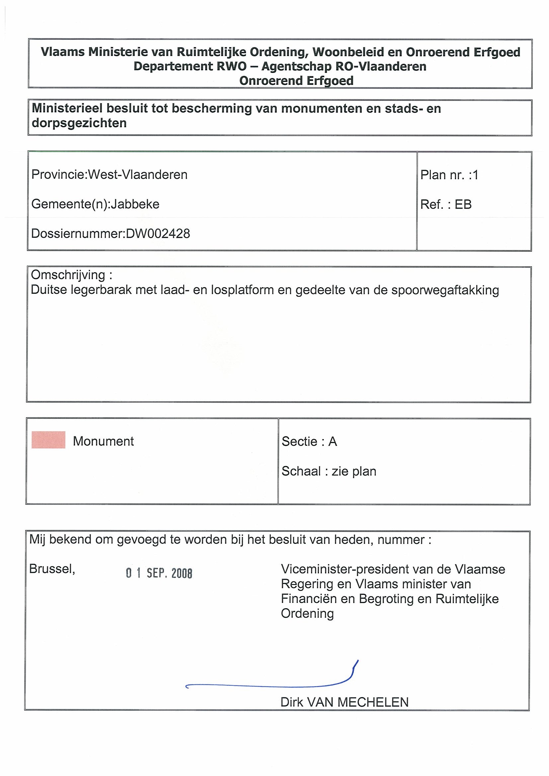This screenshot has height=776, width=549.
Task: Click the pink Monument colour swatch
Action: [x=48, y=440]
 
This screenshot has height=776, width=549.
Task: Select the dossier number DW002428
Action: [x=158, y=233]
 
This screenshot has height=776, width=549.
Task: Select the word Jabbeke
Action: [x=135, y=204]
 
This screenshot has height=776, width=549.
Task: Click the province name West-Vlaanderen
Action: [x=138, y=175]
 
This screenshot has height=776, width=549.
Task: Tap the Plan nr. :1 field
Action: [x=449, y=175]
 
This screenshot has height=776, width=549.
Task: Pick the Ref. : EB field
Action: [x=446, y=204]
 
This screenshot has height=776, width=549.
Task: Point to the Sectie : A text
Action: [x=309, y=441]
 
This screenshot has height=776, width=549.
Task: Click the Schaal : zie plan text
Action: [x=329, y=471]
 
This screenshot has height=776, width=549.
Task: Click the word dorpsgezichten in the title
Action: [x=79, y=123]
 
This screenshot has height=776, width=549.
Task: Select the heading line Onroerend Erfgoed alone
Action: [x=296, y=81]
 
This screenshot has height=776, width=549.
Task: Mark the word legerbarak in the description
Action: [x=101, y=290]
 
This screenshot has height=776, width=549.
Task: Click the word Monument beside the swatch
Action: [x=103, y=441]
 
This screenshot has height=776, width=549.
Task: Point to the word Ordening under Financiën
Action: [x=307, y=614]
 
